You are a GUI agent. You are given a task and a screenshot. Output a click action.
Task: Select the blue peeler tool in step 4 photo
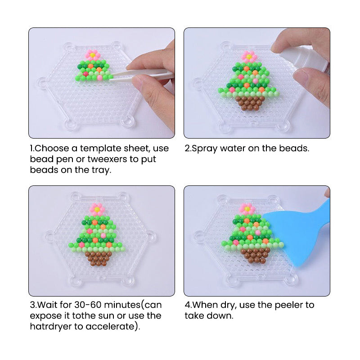point(298,232)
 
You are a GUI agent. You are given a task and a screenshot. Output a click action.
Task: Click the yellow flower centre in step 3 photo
point(97,209)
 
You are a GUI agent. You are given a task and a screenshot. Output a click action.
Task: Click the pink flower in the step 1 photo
point(93,55)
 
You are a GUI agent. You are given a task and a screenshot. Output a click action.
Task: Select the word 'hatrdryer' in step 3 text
point(51,326)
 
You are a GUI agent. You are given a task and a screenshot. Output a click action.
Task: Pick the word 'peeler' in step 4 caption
point(289,305)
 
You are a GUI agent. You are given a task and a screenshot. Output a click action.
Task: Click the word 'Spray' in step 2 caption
point(204,148)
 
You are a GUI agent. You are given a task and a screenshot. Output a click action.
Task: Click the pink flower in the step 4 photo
point(247,209)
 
